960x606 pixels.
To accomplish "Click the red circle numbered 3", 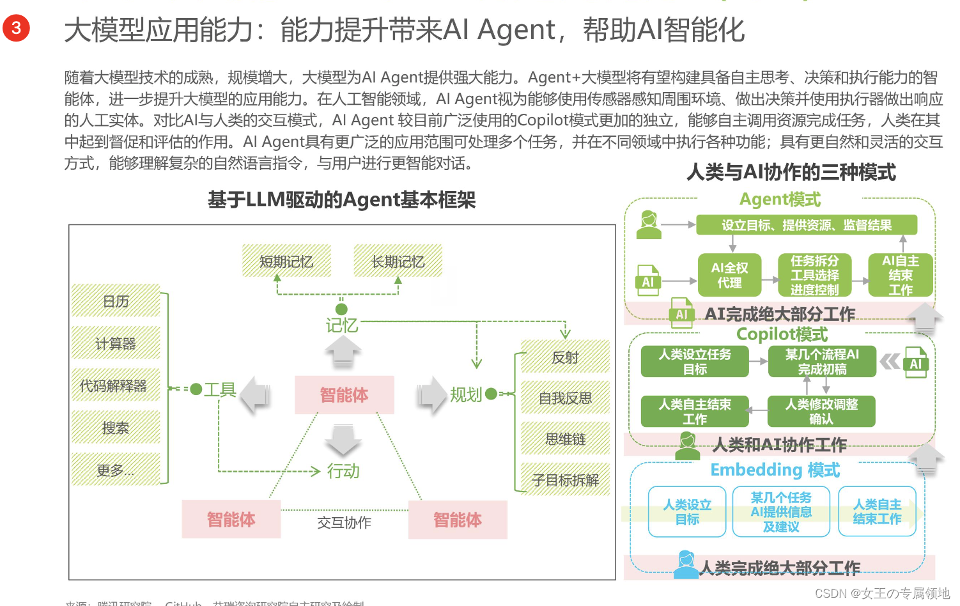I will point(16,28).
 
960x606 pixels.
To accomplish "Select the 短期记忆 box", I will point(286,261).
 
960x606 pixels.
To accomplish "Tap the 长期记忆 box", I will point(398,261).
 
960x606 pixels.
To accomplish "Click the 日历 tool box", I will point(116,301).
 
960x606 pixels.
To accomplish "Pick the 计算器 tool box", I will point(116,344).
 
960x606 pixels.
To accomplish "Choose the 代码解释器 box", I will point(114,385).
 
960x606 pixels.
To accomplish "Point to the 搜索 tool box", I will point(116,428).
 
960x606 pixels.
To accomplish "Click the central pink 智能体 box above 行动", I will point(344,395).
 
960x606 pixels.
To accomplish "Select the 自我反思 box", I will point(565,398).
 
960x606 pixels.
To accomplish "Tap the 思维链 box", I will point(565,439).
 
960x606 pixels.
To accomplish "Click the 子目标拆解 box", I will point(565,480).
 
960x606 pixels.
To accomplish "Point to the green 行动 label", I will point(343,471).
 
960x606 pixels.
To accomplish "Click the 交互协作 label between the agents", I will point(344,522).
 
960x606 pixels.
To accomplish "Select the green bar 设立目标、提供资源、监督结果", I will point(806,225).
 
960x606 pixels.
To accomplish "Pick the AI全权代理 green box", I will point(729,276).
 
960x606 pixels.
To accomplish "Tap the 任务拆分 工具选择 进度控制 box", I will point(814,276).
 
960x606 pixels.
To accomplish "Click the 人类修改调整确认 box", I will point(821,411).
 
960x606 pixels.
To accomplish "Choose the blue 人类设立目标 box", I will point(687,512).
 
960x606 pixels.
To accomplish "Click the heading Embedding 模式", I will point(775,470).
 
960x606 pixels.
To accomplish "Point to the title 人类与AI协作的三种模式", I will point(791,172).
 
